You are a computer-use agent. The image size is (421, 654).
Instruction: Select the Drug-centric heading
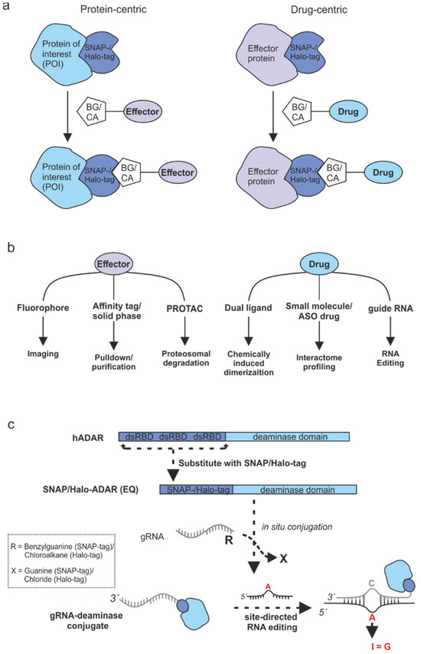(314, 15)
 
